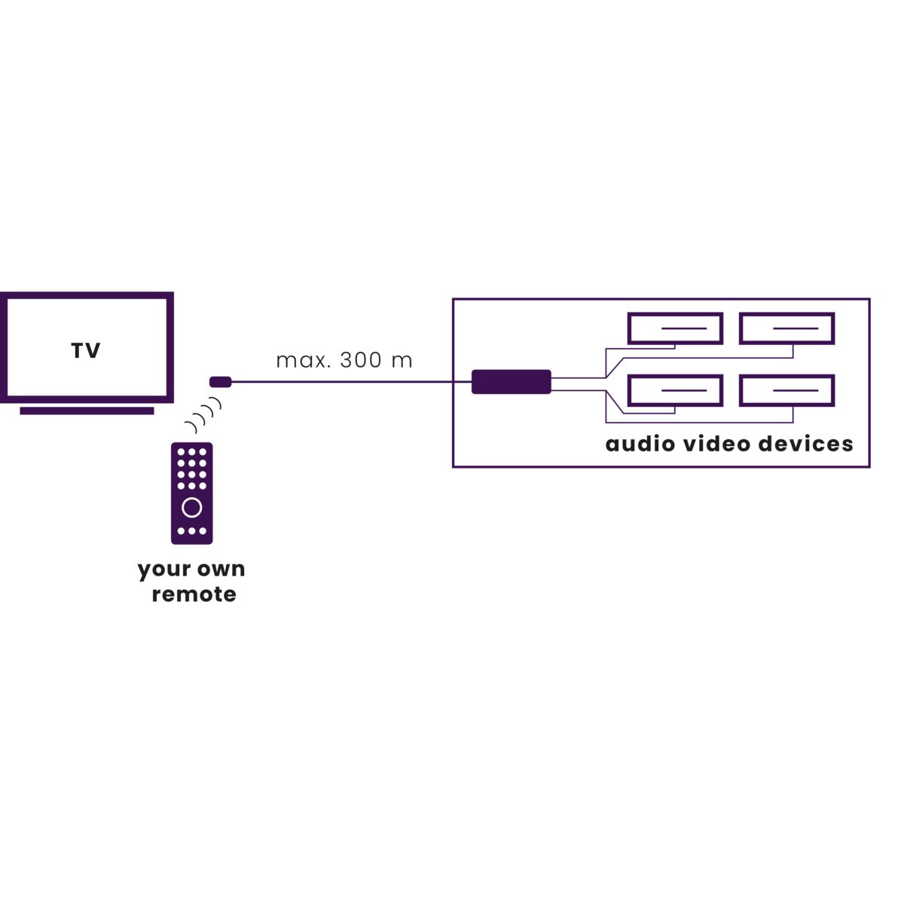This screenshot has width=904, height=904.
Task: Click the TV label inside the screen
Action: (x=86, y=351)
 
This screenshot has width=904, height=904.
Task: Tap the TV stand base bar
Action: (x=87, y=411)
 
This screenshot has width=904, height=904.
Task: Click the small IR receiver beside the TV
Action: (x=220, y=382)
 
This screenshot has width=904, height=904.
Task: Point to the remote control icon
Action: (x=192, y=493)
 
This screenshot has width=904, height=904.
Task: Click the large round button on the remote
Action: (x=192, y=507)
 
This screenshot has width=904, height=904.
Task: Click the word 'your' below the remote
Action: (x=161, y=570)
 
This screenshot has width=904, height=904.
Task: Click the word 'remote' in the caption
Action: (x=194, y=594)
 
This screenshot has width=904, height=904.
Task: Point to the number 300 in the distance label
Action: (x=360, y=360)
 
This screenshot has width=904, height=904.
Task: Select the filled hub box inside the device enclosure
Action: (x=512, y=382)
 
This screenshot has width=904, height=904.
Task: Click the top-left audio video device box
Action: (x=675, y=328)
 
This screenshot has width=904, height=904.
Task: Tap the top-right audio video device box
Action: (x=786, y=328)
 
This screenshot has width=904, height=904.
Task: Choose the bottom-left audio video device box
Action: (x=675, y=391)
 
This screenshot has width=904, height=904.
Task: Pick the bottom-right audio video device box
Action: (x=786, y=391)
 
